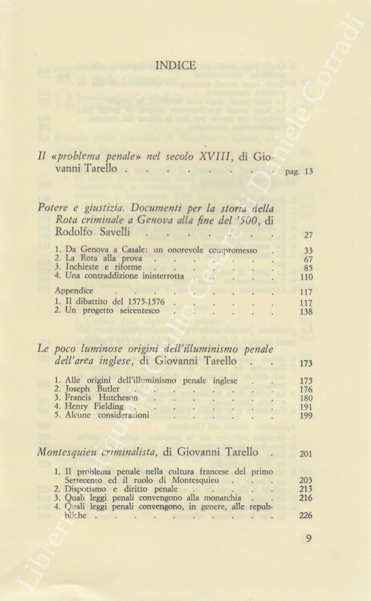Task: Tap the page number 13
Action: click(308, 172)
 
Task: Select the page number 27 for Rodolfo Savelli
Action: click(308, 235)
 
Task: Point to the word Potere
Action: click(54, 208)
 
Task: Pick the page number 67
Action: click(308, 259)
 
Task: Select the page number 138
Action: click(306, 312)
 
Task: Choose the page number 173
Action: click(307, 364)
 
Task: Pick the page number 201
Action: click(307, 453)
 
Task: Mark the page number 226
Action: click(307, 516)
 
